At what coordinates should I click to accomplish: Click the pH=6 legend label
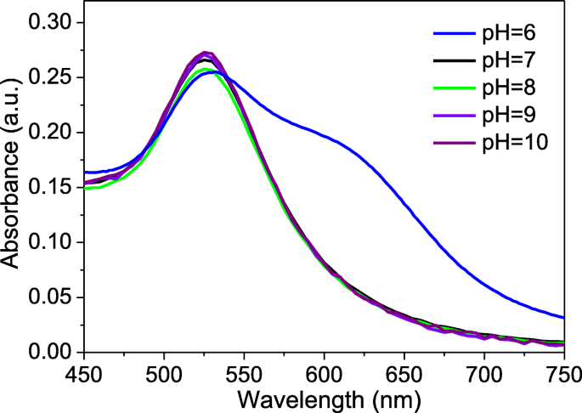pyautogui.click(x=520, y=35)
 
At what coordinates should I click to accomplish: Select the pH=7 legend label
pyautogui.click(x=520, y=62)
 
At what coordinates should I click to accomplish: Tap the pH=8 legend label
pyautogui.click(x=520, y=88)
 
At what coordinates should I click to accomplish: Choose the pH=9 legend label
pyautogui.click(x=520, y=116)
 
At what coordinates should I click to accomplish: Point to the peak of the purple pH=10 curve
pyautogui.click(x=205, y=52)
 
